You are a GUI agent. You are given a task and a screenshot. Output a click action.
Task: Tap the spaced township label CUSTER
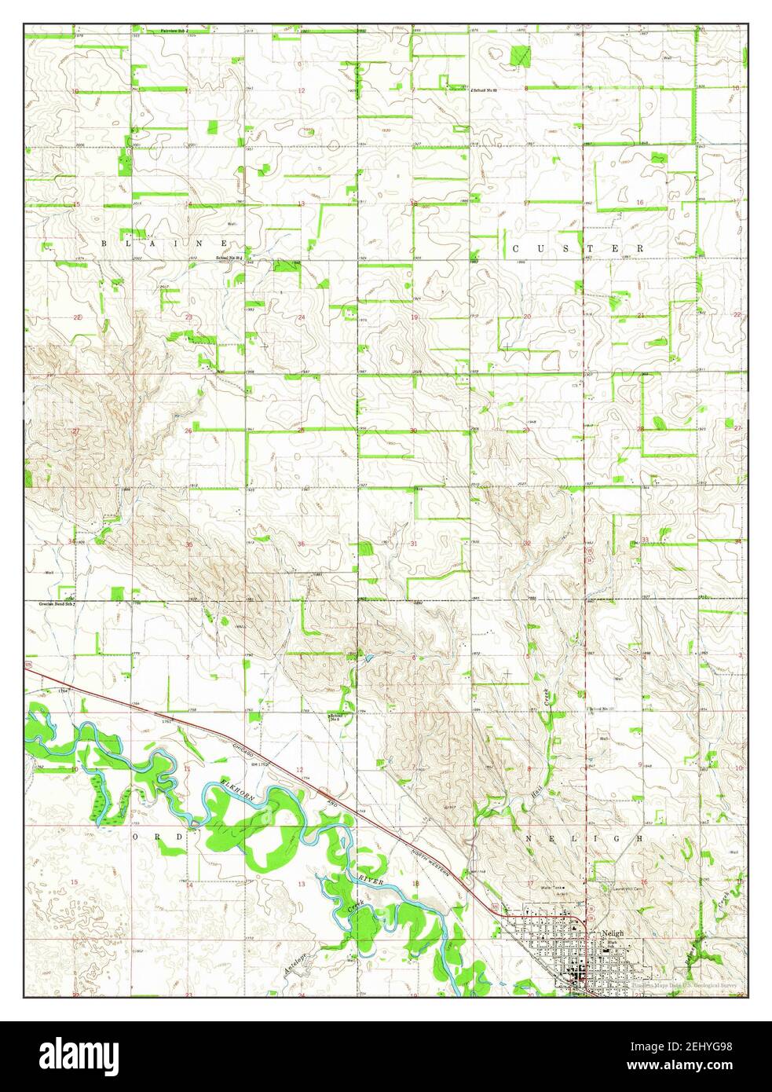tap(578, 248)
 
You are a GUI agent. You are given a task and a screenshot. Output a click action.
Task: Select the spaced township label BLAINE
tap(166, 244)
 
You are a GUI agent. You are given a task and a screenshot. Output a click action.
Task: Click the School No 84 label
tap(228, 258)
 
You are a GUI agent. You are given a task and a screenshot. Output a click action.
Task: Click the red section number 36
tap(301, 544)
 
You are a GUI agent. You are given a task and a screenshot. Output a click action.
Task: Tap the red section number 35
tap(188, 544)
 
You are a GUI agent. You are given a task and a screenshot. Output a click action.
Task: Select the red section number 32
tap(527, 543)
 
